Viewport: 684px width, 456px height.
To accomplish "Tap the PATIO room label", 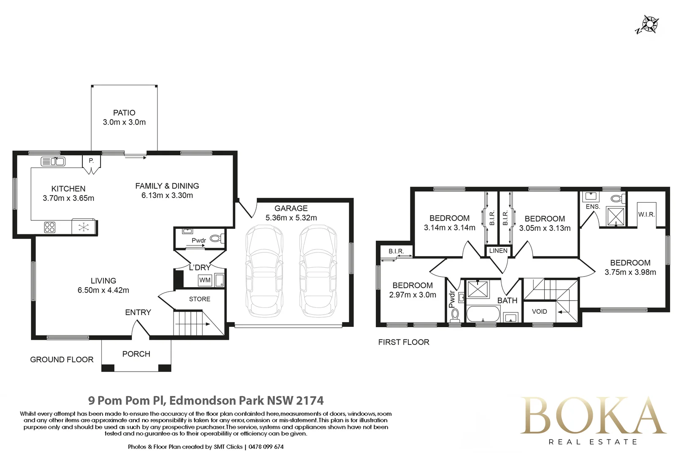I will [x=124, y=113].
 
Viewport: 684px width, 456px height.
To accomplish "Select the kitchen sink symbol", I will [x=53, y=161].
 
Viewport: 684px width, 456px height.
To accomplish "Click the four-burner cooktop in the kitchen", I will [x=49, y=227].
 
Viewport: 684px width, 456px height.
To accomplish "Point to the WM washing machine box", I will [x=205, y=280].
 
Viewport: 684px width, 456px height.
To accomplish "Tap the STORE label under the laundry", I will [x=200, y=299].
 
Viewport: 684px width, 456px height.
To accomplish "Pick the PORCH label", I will [x=136, y=354].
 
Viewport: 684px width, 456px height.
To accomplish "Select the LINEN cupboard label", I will [x=498, y=251].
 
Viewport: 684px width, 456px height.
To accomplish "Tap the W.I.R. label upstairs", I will [x=646, y=214].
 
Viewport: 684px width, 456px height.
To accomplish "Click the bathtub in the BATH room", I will [x=483, y=314].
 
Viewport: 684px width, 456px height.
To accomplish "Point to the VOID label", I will [x=539, y=312].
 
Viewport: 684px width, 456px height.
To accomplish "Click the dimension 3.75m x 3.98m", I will [x=630, y=272].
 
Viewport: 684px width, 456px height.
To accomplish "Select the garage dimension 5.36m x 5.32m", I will [x=291, y=218].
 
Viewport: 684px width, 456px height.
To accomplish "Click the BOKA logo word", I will [x=593, y=416].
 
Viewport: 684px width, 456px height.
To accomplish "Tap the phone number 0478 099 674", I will [x=266, y=447].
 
